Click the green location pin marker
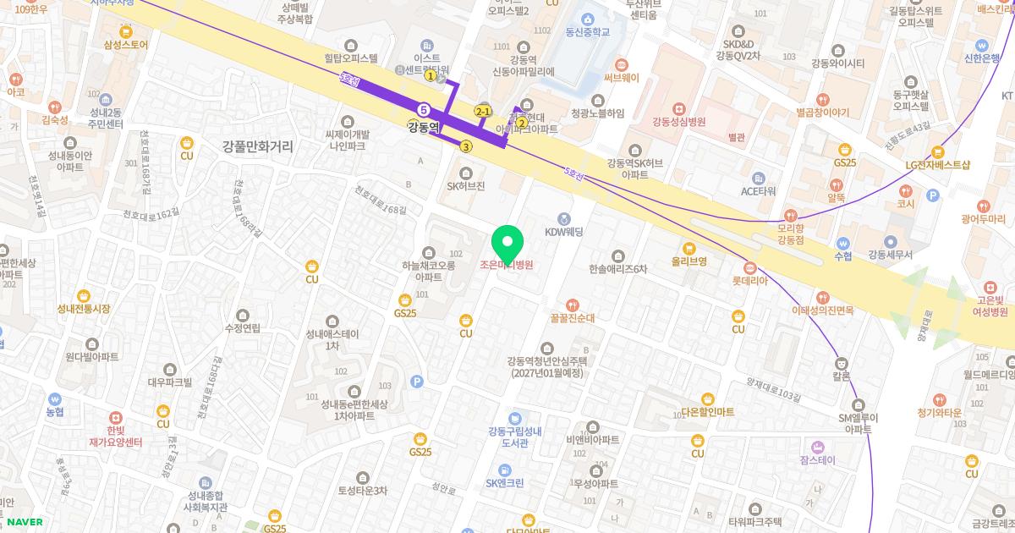click(507, 243)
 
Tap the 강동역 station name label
click(424, 128)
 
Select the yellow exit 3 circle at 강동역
click(466, 146)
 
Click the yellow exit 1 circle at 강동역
click(431, 76)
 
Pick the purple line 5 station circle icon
click(424, 110)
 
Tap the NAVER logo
click(24, 522)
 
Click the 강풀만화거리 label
click(258, 146)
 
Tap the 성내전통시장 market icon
click(84, 296)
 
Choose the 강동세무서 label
click(890, 255)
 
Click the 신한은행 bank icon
click(981, 46)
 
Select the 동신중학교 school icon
click(588, 19)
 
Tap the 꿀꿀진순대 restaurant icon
click(573, 305)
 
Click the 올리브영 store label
click(689, 261)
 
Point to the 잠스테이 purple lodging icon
click(817, 447)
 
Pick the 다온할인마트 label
click(707, 411)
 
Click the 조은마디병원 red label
click(507, 265)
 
